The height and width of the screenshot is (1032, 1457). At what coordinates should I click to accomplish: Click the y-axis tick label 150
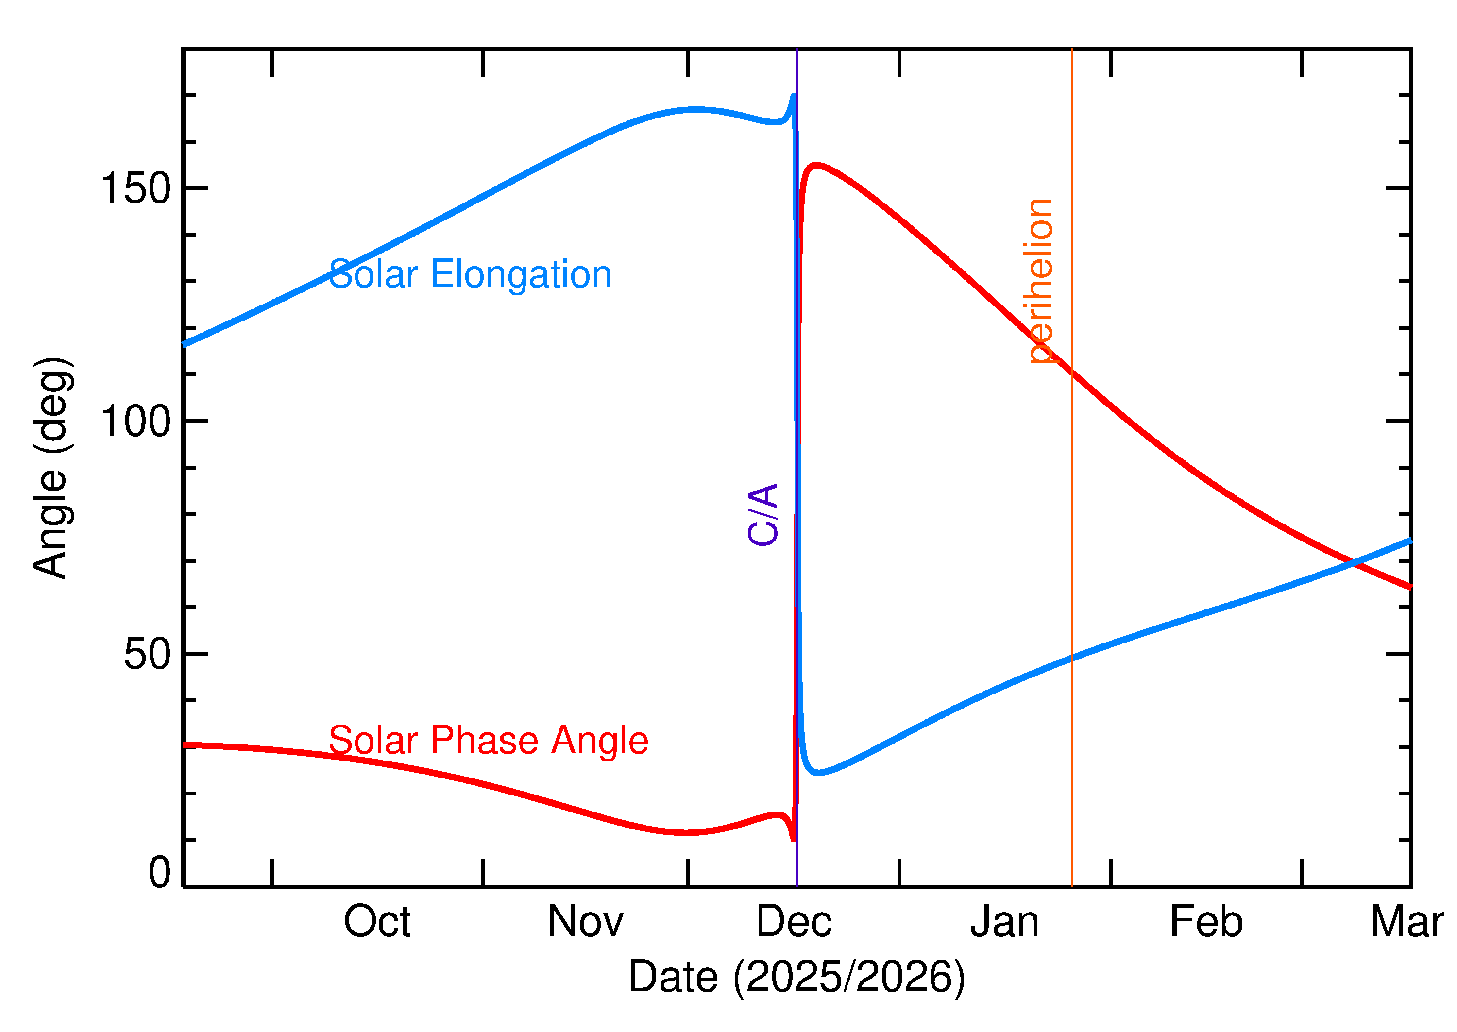tap(136, 189)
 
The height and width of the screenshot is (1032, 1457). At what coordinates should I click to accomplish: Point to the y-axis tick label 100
tap(136, 422)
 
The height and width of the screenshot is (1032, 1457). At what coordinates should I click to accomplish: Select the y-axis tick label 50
tap(148, 655)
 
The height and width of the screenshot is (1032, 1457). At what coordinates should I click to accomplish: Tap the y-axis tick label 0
tap(159, 873)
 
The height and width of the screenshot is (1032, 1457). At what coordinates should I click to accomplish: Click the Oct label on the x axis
tap(377, 922)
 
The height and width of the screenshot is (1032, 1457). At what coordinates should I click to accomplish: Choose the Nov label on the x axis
tap(585, 922)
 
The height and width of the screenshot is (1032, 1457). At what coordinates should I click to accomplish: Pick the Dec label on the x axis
tap(794, 922)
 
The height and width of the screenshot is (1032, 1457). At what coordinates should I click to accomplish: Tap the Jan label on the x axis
tap(1004, 922)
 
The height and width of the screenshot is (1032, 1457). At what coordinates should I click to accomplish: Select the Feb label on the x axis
tap(1206, 922)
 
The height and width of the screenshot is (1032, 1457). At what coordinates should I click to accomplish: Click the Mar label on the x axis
tap(1406, 922)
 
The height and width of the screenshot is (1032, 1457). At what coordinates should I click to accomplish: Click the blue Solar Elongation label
tap(470, 274)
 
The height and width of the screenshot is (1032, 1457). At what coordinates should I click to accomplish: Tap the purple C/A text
tap(763, 515)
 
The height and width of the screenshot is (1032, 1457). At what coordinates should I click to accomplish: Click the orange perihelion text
tap(1041, 282)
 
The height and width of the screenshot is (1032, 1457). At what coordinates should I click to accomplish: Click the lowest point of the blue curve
tap(818, 773)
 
